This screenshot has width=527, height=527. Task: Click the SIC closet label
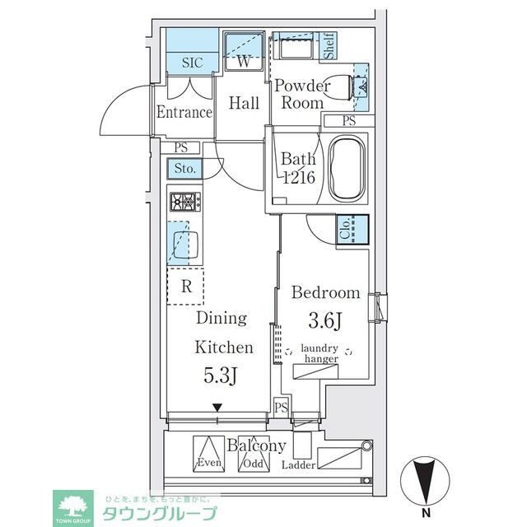pos(193,63)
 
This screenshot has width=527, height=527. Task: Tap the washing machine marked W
pos(244,51)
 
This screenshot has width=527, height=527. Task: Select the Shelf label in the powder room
pos(329,46)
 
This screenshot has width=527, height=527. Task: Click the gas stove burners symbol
pos(185,202)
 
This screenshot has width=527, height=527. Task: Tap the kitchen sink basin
pos(185,245)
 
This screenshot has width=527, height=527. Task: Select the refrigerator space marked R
pos(185,287)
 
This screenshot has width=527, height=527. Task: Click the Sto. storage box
pos(185,168)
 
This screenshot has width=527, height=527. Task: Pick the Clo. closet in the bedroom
pos(352,229)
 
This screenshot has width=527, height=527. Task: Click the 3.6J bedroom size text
pos(325,320)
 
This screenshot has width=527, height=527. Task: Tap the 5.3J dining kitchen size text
pos(222,375)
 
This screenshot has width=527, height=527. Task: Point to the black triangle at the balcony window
pos(217,408)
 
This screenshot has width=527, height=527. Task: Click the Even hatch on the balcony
pos(208,454)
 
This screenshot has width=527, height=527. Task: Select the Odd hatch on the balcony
pos(254,454)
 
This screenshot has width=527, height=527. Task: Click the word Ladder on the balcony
pos(298,465)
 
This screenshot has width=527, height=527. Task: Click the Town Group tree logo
pos(72,508)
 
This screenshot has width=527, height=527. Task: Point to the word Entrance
pos(184,112)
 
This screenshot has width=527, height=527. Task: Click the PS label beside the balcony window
pos(282,408)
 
